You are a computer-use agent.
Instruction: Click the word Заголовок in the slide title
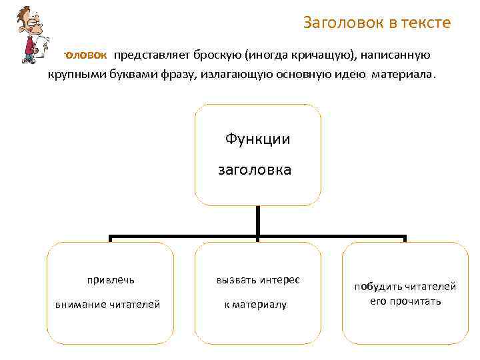(341, 23)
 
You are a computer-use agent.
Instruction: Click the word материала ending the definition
(402, 75)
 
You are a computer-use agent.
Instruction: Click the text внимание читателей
(107, 305)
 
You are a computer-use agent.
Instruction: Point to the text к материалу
(255, 305)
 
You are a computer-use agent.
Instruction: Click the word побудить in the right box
(378, 287)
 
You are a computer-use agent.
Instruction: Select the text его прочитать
(405, 301)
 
